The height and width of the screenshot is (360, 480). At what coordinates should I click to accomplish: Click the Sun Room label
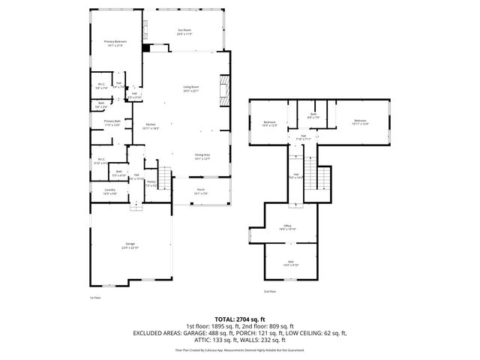pos(185,33)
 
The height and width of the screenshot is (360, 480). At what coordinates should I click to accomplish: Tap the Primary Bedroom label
pos(115,43)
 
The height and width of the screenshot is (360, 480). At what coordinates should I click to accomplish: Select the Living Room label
pos(191,89)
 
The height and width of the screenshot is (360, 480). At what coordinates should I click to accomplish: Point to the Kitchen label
pos(151,126)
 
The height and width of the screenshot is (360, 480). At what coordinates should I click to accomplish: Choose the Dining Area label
pos(202,157)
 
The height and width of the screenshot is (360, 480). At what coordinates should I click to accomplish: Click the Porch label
pos(201,191)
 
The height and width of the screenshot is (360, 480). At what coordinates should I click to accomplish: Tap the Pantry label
pos(151,183)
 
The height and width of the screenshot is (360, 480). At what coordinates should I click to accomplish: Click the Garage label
pos(130,246)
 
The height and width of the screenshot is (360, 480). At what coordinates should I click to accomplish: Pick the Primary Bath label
pos(112,122)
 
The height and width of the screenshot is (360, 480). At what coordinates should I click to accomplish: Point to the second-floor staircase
pos(323,178)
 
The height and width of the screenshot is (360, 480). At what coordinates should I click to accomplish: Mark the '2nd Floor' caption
pos(270,291)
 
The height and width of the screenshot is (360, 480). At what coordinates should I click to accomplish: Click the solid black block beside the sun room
pos(145,47)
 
